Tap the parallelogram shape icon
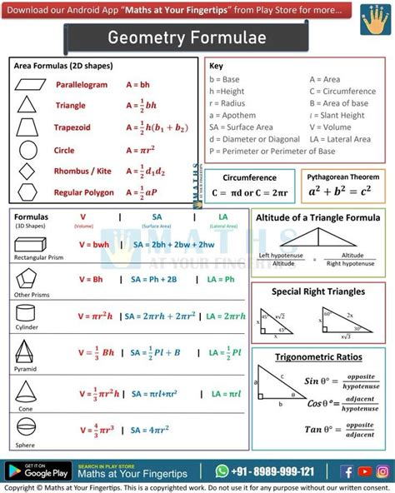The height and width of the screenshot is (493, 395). [x=27, y=84]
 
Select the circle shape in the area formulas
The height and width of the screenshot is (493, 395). [x=27, y=150]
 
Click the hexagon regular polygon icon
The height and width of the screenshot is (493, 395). [x=27, y=192]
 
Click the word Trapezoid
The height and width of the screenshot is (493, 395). [x=72, y=128]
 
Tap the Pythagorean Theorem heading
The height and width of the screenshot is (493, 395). [x=342, y=177]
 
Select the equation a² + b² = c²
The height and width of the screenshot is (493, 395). [x=340, y=192]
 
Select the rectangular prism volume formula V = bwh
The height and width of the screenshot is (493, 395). [x=94, y=245]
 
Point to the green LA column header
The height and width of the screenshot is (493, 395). [x=222, y=217]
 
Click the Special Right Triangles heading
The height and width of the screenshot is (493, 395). [x=318, y=291]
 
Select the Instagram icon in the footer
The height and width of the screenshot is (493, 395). [x=382, y=471]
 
